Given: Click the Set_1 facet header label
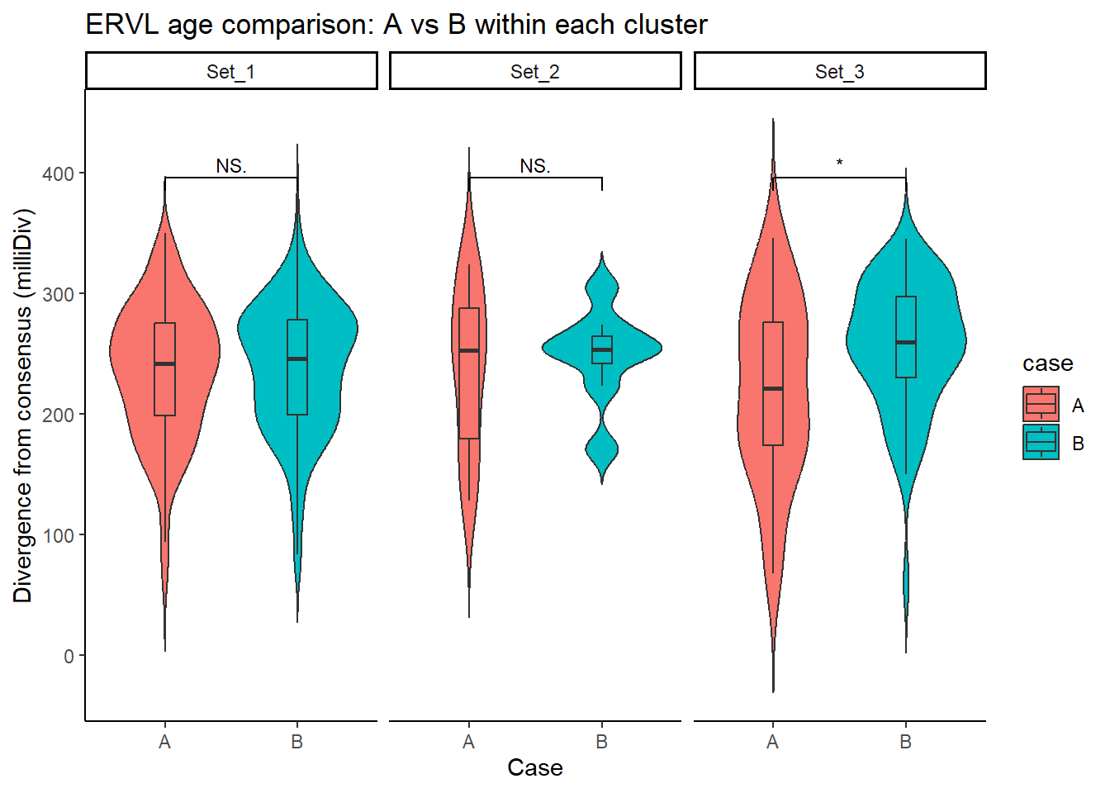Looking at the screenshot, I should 230,72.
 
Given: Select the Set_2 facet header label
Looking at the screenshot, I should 534,72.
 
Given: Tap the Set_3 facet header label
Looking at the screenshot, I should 839,72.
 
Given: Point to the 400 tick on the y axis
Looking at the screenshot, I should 58,173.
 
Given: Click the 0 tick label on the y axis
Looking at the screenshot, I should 69,656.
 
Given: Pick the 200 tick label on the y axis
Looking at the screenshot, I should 58,415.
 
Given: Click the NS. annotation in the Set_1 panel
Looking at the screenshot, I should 231,166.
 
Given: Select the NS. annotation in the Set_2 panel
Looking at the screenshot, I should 535,166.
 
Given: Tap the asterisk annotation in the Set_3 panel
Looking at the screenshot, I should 839,164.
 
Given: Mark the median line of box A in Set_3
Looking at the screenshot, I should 773,388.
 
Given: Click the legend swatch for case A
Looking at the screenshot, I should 1041,404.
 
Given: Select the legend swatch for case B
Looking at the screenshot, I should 1041,442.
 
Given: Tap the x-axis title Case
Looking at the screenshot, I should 535,767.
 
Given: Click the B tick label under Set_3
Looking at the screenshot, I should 906,742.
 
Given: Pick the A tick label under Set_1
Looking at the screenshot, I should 165,742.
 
